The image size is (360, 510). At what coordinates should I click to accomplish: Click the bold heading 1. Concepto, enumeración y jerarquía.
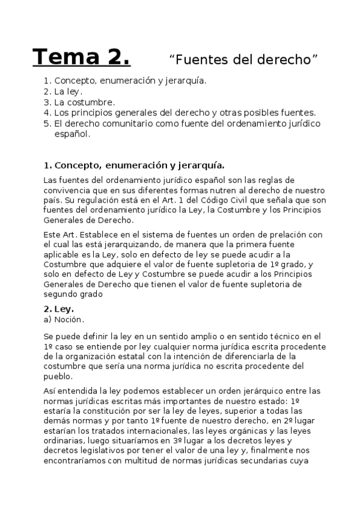click(x=135, y=165)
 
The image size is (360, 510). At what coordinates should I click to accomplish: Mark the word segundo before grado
click(x=66, y=294)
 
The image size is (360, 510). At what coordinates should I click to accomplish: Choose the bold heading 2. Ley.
click(x=59, y=309)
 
